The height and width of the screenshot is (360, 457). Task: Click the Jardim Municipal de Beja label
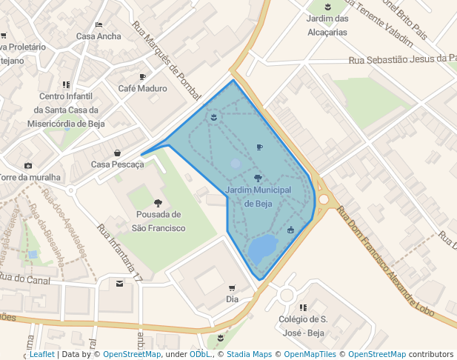pyautogui.click(x=258, y=197)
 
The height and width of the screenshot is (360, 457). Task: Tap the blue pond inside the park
pyautogui.click(x=261, y=250)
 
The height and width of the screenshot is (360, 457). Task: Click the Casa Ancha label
pyautogui.click(x=99, y=36)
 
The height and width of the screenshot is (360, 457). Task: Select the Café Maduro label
pyautogui.click(x=142, y=88)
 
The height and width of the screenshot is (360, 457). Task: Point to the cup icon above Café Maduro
pyautogui.click(x=142, y=76)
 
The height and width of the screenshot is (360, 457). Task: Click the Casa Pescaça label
pyautogui.click(x=117, y=164)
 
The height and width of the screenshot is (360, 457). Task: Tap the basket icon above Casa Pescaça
pyautogui.click(x=117, y=153)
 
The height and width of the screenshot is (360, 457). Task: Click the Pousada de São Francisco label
pyautogui.click(x=158, y=221)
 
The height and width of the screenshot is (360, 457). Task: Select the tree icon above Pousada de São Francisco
pyautogui.click(x=157, y=203)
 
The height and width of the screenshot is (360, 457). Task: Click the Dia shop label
pyautogui.click(x=232, y=299)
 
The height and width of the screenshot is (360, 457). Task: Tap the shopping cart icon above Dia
pyautogui.click(x=232, y=288)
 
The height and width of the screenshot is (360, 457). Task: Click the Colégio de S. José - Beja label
pyautogui.click(x=302, y=326)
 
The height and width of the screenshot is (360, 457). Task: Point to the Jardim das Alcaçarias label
pyautogui.click(x=327, y=25)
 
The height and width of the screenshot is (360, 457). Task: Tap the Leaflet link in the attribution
pyautogui.click(x=41, y=354)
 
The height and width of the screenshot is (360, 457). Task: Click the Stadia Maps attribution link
pyautogui.click(x=248, y=354)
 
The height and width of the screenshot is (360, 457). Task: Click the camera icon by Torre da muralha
pyautogui.click(x=28, y=165)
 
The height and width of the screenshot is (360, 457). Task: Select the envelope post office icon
pyautogui.click(x=120, y=283)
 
